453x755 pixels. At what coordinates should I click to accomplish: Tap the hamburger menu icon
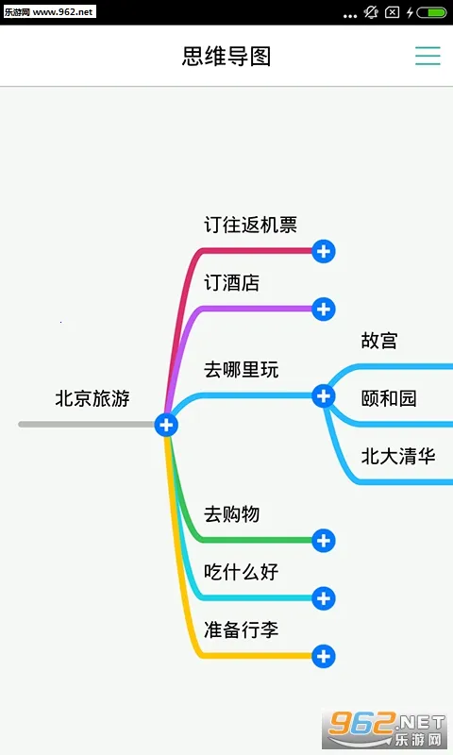[x=428, y=56]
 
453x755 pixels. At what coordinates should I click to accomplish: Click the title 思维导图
[x=226, y=56]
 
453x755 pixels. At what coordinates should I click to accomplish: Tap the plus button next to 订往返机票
[x=324, y=251]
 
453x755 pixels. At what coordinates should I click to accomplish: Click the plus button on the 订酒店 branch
[x=324, y=309]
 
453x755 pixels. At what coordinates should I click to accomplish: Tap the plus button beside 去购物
[x=324, y=541]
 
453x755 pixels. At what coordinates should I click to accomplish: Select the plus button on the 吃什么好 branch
[x=324, y=598]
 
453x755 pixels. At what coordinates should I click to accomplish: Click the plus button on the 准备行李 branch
[x=324, y=656]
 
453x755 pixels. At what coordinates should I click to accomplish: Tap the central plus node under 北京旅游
[x=167, y=425]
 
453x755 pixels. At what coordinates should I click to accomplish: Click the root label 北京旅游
[x=92, y=398]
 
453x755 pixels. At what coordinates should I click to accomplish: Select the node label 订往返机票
[x=250, y=225]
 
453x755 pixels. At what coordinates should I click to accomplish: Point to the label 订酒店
[x=232, y=282]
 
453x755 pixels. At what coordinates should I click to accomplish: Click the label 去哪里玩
[x=242, y=369]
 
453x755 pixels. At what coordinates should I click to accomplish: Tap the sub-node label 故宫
[x=379, y=341]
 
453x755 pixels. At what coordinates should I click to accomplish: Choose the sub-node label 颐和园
[x=389, y=398]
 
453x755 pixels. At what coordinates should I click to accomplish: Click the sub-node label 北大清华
[x=398, y=457]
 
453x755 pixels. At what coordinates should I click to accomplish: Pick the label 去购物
[x=232, y=514]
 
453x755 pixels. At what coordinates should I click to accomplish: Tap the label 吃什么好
[x=242, y=572]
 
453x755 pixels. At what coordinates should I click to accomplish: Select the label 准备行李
[x=242, y=629]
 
